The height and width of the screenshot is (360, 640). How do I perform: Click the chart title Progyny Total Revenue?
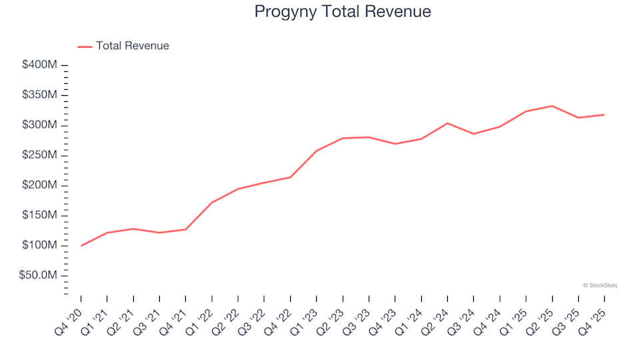343,12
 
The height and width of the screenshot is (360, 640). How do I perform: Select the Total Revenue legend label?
132,46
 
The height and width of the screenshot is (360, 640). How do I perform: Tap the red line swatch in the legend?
85,47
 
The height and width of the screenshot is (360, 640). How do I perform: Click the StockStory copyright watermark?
600,285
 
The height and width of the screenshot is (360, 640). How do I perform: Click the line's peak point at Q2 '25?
552,105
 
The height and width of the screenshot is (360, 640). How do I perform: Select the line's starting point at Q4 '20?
81,245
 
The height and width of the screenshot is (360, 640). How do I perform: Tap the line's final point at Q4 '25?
604,115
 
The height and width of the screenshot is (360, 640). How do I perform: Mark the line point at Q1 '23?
317,151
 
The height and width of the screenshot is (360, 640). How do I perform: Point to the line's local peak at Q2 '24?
447,123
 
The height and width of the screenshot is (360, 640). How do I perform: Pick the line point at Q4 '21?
186,229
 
